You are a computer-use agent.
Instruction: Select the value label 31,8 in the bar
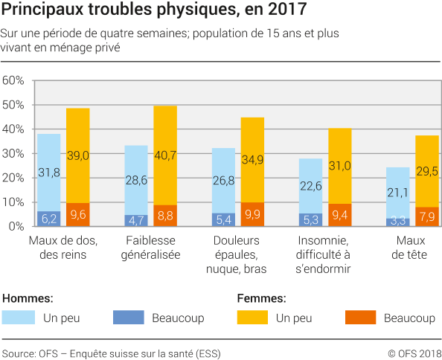point(48,173)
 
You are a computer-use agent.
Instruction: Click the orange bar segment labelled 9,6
point(77,214)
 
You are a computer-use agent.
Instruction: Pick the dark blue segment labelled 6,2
point(48,219)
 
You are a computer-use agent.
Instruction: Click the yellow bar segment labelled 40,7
point(165,155)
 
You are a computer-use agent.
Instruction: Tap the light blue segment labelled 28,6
point(135,180)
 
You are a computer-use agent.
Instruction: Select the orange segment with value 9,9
point(252,214)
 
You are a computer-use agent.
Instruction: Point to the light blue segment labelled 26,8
point(223,180)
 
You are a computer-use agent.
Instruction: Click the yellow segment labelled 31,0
point(339,166)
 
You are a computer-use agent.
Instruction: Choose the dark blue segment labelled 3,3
point(397,222)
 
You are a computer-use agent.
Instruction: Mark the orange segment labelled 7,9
point(426,216)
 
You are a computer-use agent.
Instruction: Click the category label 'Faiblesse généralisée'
point(150,248)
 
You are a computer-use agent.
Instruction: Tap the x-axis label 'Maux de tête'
point(411,248)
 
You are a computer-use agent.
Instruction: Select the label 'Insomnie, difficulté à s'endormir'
point(324,254)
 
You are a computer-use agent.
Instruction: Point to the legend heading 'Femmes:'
point(261,298)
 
